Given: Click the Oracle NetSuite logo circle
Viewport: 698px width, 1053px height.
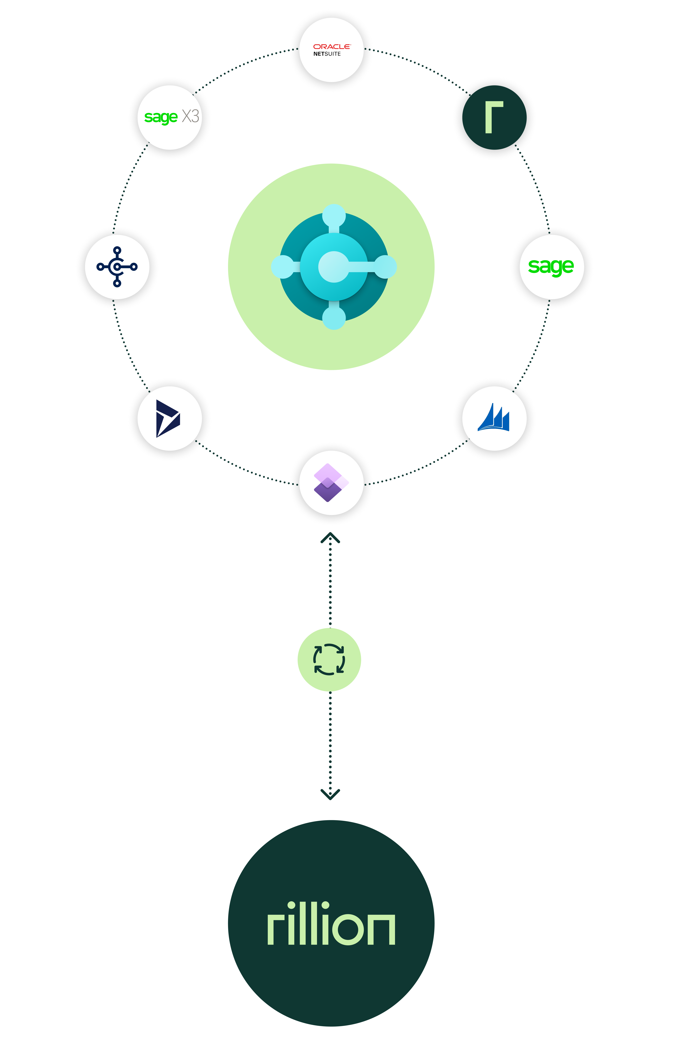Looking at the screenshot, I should (331, 50).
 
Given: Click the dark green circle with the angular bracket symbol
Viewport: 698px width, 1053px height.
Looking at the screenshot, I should (494, 117).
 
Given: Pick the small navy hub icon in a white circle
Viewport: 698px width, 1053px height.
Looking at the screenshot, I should (117, 267).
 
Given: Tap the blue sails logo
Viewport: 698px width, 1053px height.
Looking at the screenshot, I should (494, 418).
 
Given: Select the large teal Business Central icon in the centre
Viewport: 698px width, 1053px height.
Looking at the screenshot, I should (333, 267).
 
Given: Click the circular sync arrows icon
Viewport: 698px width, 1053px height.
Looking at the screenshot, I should (329, 659).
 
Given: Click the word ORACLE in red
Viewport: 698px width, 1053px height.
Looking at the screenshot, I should (332, 46).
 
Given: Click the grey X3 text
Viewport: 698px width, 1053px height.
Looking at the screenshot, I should (191, 116).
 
